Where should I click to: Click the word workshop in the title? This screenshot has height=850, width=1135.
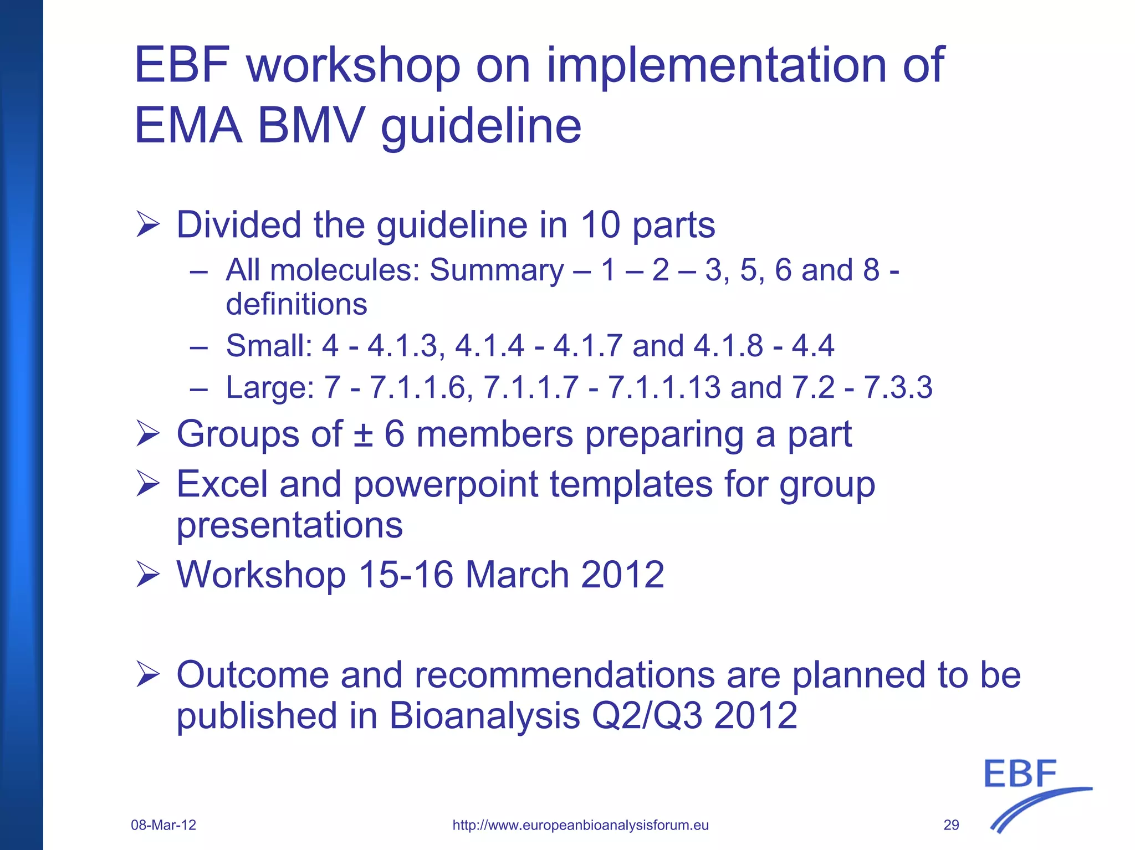[x=354, y=66]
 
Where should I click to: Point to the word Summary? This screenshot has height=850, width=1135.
[x=497, y=270]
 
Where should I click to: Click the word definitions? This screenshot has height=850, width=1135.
[x=296, y=304]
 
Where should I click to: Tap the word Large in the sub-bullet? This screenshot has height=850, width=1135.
[x=269, y=387]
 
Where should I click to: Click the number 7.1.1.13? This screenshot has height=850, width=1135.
[x=664, y=387]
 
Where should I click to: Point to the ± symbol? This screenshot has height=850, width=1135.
[x=363, y=434]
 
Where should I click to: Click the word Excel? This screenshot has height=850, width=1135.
[x=222, y=484]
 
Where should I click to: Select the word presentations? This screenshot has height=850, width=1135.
[x=289, y=526]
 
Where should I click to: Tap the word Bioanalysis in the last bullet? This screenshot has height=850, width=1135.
[x=484, y=715]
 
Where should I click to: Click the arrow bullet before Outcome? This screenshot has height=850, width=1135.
[x=147, y=674]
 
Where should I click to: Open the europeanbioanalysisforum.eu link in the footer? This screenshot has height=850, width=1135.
[x=580, y=825]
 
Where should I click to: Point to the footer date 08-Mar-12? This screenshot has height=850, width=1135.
[x=163, y=825]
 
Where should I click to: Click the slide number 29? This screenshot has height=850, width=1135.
[x=951, y=825]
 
